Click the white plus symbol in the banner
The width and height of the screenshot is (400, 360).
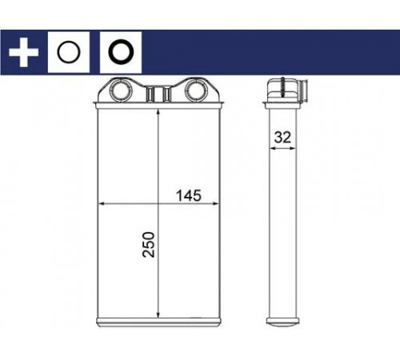23,52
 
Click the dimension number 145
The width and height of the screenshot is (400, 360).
189,196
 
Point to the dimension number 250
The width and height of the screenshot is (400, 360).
149,245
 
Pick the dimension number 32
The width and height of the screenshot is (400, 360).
282,138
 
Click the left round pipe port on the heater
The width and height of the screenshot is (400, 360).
121,90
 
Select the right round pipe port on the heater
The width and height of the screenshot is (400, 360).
196,90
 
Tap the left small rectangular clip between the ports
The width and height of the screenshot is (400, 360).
150,94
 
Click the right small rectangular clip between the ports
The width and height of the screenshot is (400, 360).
167,94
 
